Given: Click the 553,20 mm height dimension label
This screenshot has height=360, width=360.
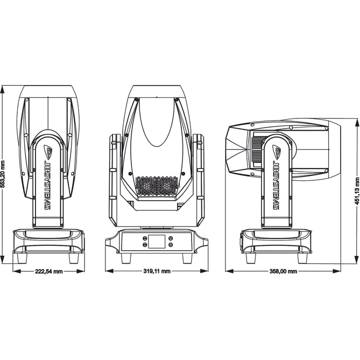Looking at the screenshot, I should click(4, 174).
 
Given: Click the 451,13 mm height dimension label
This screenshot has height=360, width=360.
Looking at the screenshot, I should click(356, 192).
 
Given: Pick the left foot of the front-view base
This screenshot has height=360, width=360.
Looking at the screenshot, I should click(126, 258).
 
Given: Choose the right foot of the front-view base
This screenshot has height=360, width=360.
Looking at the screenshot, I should click(187, 258).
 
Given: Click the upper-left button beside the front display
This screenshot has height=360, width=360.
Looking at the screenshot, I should click(145, 237).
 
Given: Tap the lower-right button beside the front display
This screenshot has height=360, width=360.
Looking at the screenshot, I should click(171, 245).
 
